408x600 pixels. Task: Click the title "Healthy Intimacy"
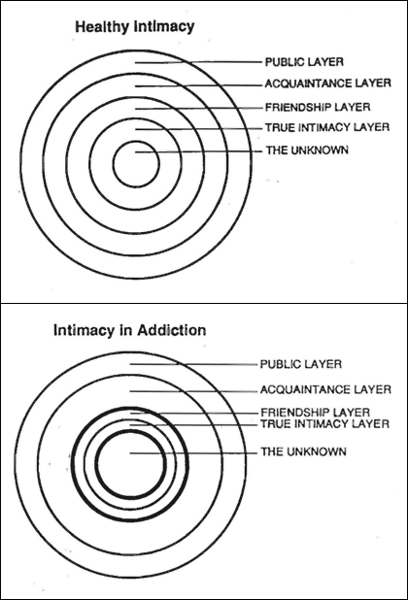coord(135,27)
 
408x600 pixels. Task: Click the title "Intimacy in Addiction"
coord(130,330)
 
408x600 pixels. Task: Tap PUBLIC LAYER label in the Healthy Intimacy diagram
coord(304,62)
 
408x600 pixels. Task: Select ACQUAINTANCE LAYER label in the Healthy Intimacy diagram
coord(328,83)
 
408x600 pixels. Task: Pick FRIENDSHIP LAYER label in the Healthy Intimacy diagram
coord(318,107)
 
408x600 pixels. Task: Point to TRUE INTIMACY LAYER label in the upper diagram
coord(327,127)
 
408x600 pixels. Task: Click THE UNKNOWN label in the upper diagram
coord(307,150)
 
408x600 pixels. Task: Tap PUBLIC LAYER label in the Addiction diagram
coord(301,364)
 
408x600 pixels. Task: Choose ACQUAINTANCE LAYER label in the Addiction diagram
coord(325,390)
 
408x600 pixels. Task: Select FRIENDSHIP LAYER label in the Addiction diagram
coord(316,413)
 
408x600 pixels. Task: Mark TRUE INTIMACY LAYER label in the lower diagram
coord(325,424)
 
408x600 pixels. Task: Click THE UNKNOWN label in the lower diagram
coord(303,451)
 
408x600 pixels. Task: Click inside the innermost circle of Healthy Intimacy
coord(136,164)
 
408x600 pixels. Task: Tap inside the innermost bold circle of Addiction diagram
coord(130,464)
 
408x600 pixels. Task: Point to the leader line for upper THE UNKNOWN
coord(199,151)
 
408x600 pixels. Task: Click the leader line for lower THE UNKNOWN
coord(193,453)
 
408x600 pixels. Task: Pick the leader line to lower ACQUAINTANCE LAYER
coord(193,391)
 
